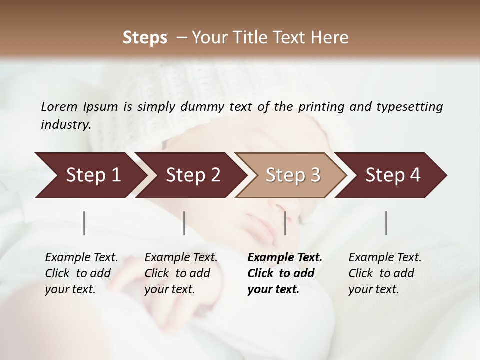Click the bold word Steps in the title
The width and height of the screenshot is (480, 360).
[x=145, y=38]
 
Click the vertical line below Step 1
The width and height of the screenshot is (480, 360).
[x=84, y=223]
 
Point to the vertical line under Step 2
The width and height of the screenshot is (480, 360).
[x=184, y=223]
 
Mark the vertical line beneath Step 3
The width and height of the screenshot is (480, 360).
[x=285, y=223]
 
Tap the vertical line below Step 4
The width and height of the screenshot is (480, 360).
[x=386, y=223]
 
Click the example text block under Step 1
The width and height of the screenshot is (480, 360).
[x=81, y=273]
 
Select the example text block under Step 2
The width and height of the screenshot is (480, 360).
[x=181, y=273]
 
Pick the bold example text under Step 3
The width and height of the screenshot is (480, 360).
[x=285, y=273]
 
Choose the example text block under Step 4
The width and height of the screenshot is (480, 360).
[x=385, y=273]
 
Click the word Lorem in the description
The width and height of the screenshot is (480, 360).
[x=59, y=106]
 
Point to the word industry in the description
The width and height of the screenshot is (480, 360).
[x=66, y=125]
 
